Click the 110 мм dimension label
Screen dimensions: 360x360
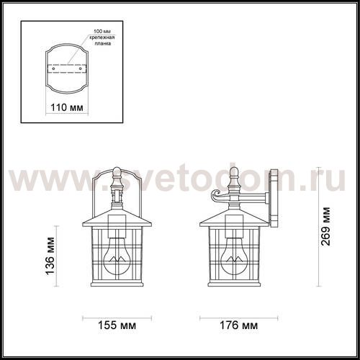click(67, 107)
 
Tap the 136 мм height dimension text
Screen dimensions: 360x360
click(50, 256)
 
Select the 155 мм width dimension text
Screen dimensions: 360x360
click(117, 325)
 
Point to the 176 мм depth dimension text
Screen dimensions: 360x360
click(239, 325)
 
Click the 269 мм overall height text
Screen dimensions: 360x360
click(325, 227)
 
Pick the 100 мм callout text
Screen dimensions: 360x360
click(102, 32)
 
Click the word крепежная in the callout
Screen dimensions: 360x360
click(102, 37)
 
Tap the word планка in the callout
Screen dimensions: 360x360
click(103, 43)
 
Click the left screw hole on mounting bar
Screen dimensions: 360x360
click(53, 68)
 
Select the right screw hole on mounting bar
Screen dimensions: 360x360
click(81, 68)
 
